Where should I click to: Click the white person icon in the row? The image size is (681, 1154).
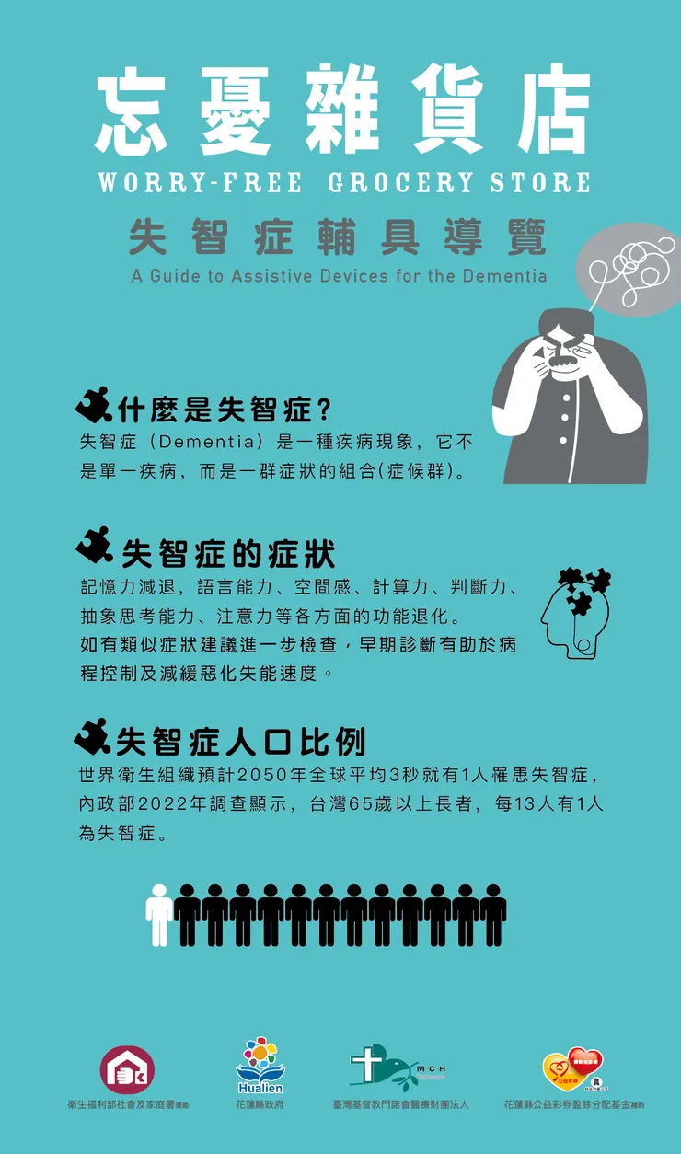click(x=159, y=915)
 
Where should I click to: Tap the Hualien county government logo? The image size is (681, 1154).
click(x=260, y=1066)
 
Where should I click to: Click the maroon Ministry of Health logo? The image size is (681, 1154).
click(x=127, y=1070)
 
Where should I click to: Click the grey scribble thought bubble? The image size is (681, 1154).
click(x=629, y=269)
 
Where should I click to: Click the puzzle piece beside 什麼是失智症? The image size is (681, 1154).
click(x=94, y=405)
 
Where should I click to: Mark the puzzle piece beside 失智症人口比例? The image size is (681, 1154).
click(x=92, y=735)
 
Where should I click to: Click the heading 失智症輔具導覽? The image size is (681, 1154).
click(x=338, y=237)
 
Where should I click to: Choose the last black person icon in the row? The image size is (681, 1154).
click(x=493, y=915)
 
